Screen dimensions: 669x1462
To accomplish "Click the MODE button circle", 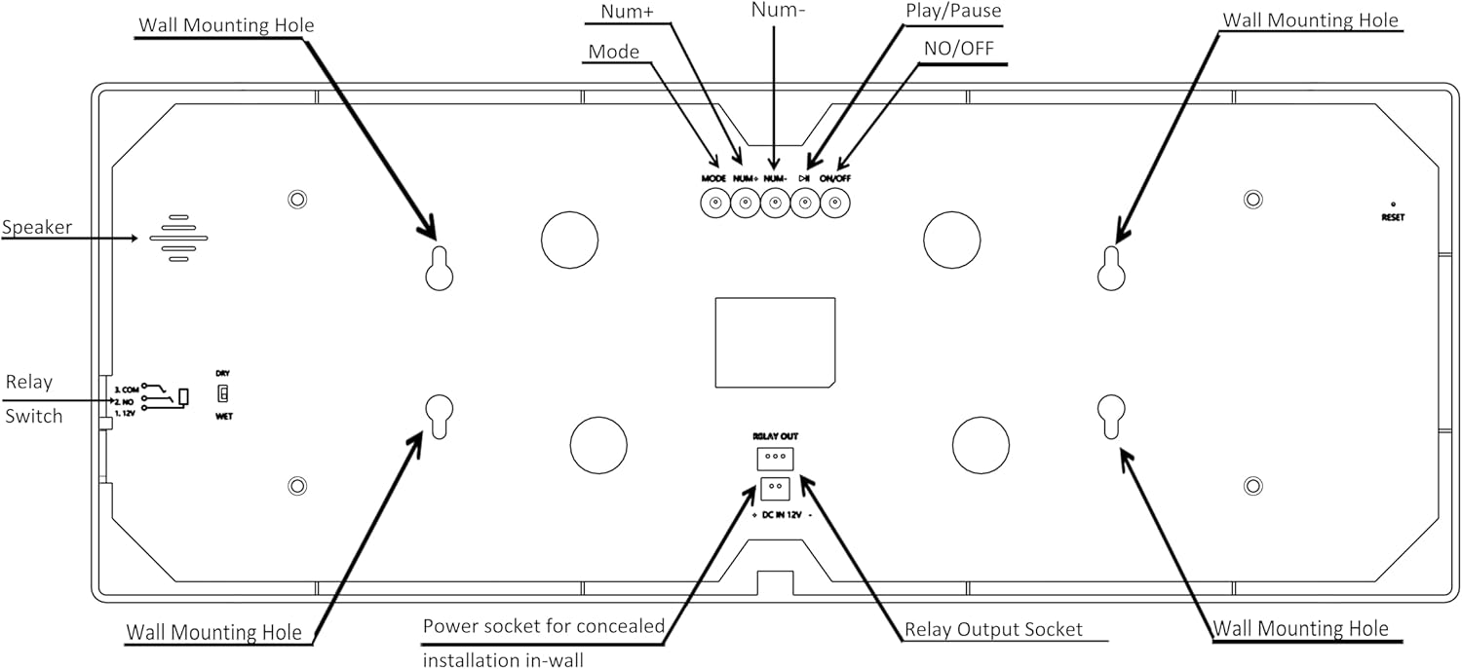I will [x=715, y=204].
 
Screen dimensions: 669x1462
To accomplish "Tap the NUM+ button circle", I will [x=746, y=204].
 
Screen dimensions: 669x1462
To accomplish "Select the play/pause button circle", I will [x=805, y=204].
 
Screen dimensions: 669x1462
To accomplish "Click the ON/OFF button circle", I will [x=835, y=204].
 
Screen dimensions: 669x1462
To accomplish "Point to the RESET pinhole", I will [x=1392, y=204].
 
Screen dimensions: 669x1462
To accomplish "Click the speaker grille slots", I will [x=178, y=238].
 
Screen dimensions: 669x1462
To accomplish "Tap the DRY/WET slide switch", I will [x=223, y=394].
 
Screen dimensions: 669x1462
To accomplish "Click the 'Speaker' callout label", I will [x=37, y=227].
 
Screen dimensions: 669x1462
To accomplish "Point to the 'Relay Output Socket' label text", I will [x=993, y=629].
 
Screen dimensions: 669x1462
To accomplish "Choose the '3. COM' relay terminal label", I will [x=127, y=388].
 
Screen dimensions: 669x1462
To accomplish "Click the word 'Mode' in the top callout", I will [x=614, y=52].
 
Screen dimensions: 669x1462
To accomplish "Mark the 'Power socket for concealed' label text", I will [x=543, y=625].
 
